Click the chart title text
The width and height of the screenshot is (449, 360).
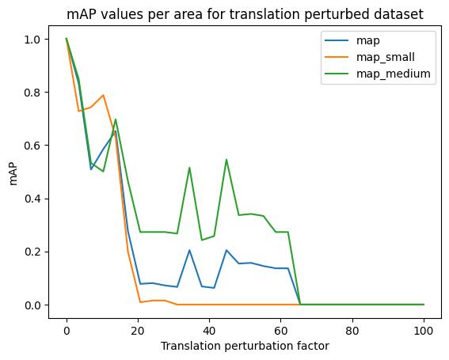(x=245, y=13)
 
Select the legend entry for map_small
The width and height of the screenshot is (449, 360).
(x=369, y=57)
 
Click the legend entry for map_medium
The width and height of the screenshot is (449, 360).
(x=378, y=74)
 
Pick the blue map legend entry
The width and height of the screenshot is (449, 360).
(x=352, y=40)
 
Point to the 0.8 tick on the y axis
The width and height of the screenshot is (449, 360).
(x=33, y=93)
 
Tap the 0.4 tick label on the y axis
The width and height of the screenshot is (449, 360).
(x=33, y=199)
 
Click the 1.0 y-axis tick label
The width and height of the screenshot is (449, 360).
(x=33, y=40)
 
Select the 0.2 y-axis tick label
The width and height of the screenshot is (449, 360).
(x=33, y=252)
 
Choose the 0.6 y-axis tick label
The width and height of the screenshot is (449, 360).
(x=33, y=146)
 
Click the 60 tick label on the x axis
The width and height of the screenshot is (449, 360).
(x=280, y=331)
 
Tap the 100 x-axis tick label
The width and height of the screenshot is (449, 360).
(x=424, y=331)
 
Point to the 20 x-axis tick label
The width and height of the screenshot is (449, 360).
(x=138, y=331)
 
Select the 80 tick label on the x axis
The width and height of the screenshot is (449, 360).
(x=352, y=331)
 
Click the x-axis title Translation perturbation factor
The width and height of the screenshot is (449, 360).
(x=245, y=347)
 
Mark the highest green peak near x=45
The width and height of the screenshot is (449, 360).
(x=226, y=159)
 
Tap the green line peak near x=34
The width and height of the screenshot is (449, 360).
(x=189, y=168)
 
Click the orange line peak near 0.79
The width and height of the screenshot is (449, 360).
(x=103, y=95)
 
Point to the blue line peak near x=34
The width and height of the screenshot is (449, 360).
(x=189, y=250)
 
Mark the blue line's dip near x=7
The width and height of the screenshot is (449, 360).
(x=91, y=169)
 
